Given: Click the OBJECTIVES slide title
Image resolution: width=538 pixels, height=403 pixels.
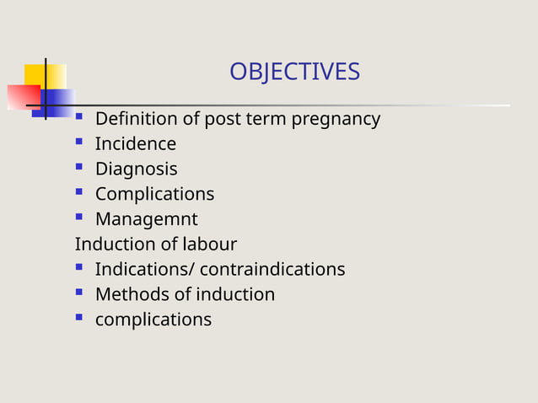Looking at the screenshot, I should point(294,73).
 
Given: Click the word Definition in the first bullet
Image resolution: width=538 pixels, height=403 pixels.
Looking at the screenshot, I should point(137,119).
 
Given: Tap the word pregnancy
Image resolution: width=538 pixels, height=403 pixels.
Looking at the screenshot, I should point(336,120).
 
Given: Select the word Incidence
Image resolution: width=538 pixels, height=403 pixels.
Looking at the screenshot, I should point(135,144).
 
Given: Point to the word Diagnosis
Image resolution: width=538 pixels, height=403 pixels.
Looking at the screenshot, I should point(136,169).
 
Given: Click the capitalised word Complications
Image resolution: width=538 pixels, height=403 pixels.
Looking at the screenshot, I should point(154,195).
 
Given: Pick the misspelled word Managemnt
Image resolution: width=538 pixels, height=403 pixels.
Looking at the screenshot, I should point(146,220).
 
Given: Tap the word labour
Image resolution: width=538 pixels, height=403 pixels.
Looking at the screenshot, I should point(211,244).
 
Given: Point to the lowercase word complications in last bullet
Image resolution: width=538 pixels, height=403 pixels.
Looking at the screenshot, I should point(153,320).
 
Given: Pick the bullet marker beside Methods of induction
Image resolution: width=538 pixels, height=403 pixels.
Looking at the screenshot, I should point(79,293).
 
